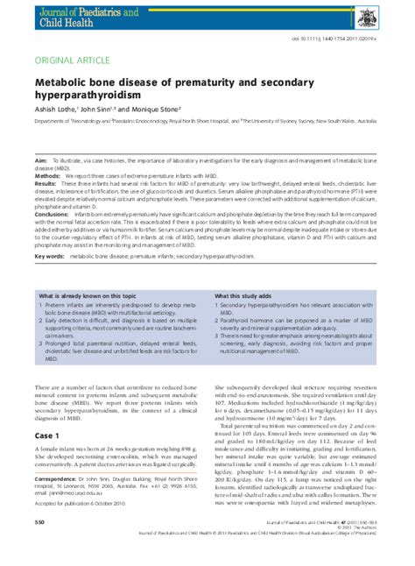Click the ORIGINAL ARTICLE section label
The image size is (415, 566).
coord(71,60)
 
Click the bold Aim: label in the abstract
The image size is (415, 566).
coord(41,162)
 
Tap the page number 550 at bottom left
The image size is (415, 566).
coord(39,546)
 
